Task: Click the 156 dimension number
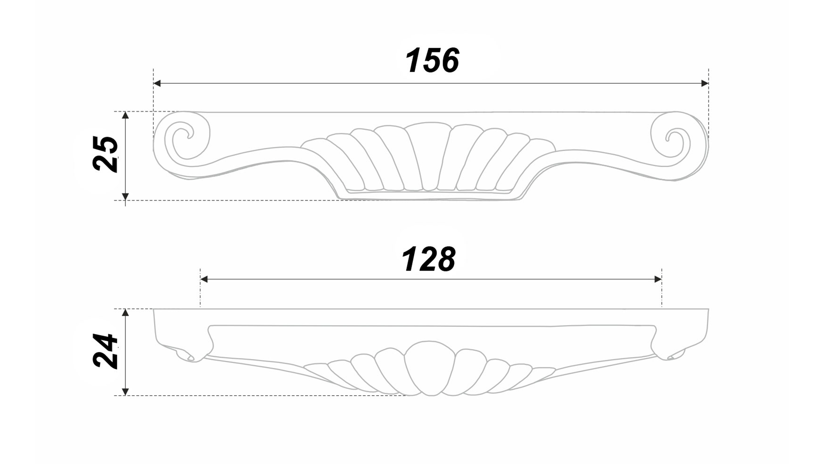[x=432, y=60]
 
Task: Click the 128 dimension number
[x=428, y=259]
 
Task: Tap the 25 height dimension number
[x=105, y=154]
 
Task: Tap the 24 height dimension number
[x=105, y=351]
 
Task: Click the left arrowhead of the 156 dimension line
[x=157, y=83]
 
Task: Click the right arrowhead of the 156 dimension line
[x=705, y=83]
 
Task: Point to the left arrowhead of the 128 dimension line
[x=204, y=279]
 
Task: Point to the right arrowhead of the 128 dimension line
[x=658, y=279]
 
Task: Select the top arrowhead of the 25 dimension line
[x=125, y=115]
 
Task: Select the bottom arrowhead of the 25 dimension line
[x=125, y=197]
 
